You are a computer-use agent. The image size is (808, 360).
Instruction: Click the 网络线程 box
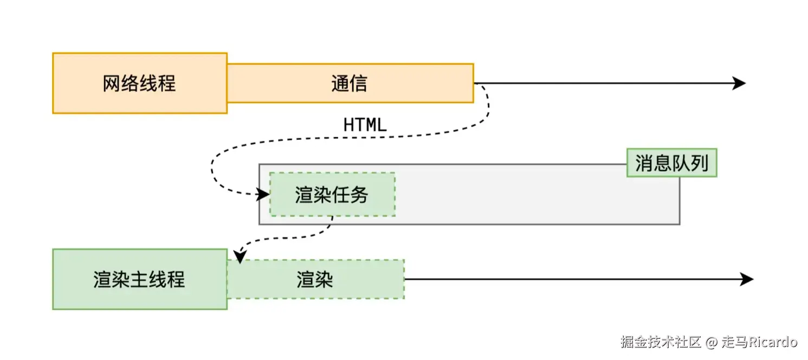[139, 83]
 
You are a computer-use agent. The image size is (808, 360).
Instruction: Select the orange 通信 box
[350, 83]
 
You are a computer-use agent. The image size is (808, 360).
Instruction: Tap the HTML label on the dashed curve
[365, 125]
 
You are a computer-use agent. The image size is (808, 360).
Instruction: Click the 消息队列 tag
[671, 163]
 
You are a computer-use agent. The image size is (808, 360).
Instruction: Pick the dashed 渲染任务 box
[332, 195]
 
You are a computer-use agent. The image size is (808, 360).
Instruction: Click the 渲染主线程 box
[139, 279]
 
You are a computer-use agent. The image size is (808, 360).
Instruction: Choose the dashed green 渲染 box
[315, 279]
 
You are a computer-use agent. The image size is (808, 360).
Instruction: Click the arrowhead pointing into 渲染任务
[263, 194]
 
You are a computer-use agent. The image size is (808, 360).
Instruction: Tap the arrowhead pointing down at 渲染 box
[239, 254]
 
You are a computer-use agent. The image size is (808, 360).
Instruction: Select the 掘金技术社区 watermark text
[661, 342]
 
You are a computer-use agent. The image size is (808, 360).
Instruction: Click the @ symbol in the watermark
[712, 342]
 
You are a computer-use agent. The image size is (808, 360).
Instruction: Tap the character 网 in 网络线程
[112, 83]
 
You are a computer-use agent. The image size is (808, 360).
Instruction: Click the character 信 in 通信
[359, 83]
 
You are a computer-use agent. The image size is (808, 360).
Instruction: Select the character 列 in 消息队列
[700, 163]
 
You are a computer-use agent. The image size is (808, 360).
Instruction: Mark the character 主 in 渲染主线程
[139, 280]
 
